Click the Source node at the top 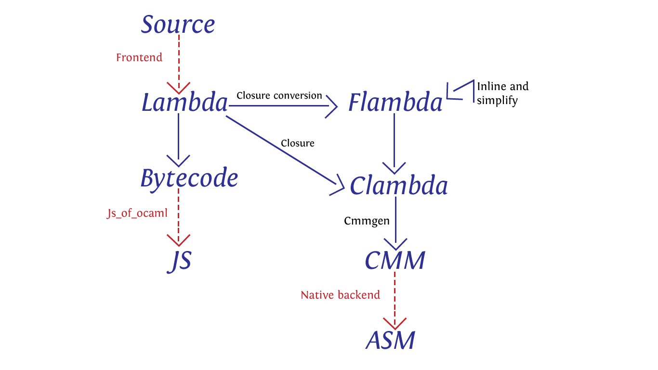coord(178,24)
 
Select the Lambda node coord(185,102)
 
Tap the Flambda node coord(395,102)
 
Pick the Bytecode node coord(189,179)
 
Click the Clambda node coord(399,185)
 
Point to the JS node coord(180,261)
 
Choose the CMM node coord(395,260)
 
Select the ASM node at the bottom coord(390,340)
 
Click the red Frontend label coord(139,57)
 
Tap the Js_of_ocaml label coord(137,213)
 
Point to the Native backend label coord(341,295)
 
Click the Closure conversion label coord(279,95)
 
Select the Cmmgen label coord(367,221)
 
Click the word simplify coord(497,101)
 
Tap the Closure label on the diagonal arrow coord(298,143)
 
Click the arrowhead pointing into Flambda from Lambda coord(332,106)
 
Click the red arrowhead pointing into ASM coord(395,324)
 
